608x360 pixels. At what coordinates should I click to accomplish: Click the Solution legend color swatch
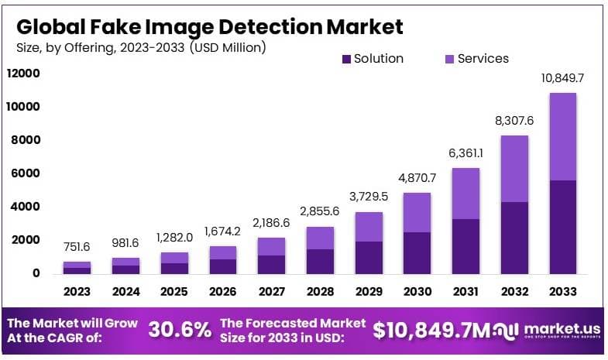(x=346, y=59)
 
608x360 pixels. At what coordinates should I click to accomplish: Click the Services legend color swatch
(x=450, y=59)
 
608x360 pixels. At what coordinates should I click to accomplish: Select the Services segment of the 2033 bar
(x=562, y=136)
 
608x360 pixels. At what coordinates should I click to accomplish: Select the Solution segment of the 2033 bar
(x=562, y=226)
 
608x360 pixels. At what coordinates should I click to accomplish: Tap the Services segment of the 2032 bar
(x=514, y=169)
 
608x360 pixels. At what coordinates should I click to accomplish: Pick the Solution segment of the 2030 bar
(x=417, y=252)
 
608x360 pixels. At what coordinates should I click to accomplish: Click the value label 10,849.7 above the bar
(x=562, y=79)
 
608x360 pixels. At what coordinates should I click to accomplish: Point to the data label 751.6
(x=77, y=247)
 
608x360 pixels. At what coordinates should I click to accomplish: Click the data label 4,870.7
(x=417, y=178)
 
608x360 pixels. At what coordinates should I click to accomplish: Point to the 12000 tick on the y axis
(x=23, y=74)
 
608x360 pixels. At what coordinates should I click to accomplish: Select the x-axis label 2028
(x=320, y=292)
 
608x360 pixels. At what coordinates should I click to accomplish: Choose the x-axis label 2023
(x=77, y=292)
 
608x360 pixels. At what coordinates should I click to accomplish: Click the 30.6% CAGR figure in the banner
(x=180, y=330)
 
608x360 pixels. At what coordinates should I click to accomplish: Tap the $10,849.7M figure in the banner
(x=431, y=330)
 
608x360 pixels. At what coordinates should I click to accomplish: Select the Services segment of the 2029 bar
(x=369, y=227)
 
